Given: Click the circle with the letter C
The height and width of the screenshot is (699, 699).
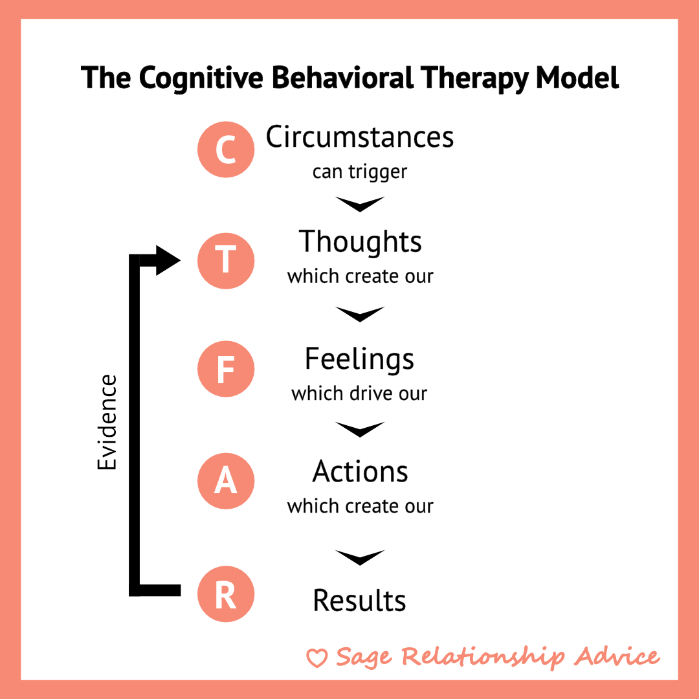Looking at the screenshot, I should pos(226,150).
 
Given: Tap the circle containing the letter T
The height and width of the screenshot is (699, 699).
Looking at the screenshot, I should pos(226,260).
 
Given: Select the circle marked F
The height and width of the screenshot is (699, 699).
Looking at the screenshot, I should pos(226,370).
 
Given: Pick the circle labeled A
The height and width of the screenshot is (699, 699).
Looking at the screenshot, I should pos(226,482).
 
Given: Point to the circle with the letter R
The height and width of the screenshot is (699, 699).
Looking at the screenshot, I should pos(226,595).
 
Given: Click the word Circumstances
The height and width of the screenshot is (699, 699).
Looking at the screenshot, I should pos(360,137).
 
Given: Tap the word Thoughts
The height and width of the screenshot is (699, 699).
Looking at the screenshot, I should pos(360,242).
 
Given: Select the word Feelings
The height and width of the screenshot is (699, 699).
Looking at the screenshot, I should pos(360,359).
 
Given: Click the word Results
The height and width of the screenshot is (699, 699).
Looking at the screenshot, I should pos(360,600).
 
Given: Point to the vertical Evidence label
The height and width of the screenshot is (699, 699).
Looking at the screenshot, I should pos(107,422).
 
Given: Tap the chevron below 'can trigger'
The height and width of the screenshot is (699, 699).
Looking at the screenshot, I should pos(360,205).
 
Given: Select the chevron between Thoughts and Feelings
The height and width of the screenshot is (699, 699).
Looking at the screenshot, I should pos(360,315).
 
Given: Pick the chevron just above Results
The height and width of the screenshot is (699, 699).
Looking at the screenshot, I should pos(360,557).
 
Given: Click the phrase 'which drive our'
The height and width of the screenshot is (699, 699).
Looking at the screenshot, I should pos(360,393).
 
